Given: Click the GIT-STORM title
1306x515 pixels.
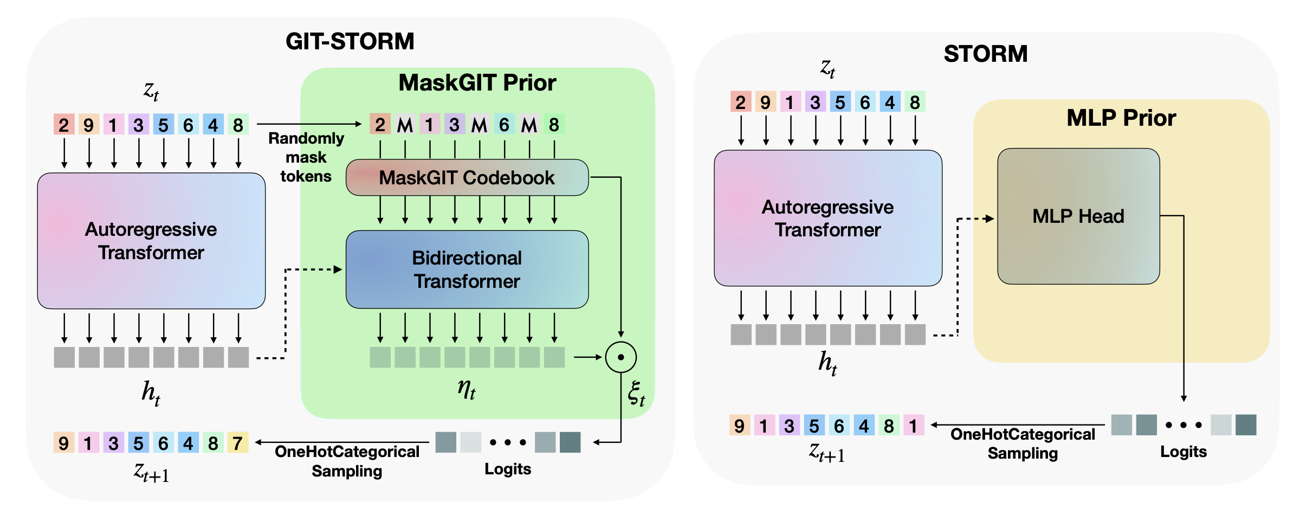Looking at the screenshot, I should [350, 42].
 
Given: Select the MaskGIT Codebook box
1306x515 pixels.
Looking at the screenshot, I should [467, 177].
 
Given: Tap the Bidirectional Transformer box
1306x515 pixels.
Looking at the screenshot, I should [467, 269].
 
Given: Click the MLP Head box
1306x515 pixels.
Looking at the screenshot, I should [1078, 216].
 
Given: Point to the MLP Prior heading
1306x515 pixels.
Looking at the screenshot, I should [1121, 118].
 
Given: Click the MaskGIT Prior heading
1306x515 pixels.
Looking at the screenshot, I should [477, 83].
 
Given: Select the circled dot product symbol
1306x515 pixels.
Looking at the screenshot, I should [620, 357].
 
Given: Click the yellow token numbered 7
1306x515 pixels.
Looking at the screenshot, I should [238, 443].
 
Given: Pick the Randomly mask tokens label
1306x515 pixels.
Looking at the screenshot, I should [306, 157].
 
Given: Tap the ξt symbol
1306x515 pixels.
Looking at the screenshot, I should [636, 394].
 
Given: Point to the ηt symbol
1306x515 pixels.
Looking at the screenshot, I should [466, 389].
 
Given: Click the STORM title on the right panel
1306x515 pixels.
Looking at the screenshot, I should [985, 54].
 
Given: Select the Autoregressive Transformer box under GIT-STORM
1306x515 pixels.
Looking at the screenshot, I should [151, 241].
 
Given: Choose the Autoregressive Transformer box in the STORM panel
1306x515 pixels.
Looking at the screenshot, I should [827, 218].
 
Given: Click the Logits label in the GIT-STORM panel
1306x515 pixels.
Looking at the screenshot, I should [507, 469].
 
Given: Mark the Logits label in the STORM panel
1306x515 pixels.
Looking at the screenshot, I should [1183, 452].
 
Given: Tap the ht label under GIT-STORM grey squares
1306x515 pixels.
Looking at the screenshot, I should [151, 392].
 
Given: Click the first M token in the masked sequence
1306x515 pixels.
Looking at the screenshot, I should [405, 125].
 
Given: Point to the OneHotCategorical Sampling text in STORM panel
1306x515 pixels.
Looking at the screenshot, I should [1023, 443].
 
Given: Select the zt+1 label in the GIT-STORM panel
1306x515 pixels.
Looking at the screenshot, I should [151, 472].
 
